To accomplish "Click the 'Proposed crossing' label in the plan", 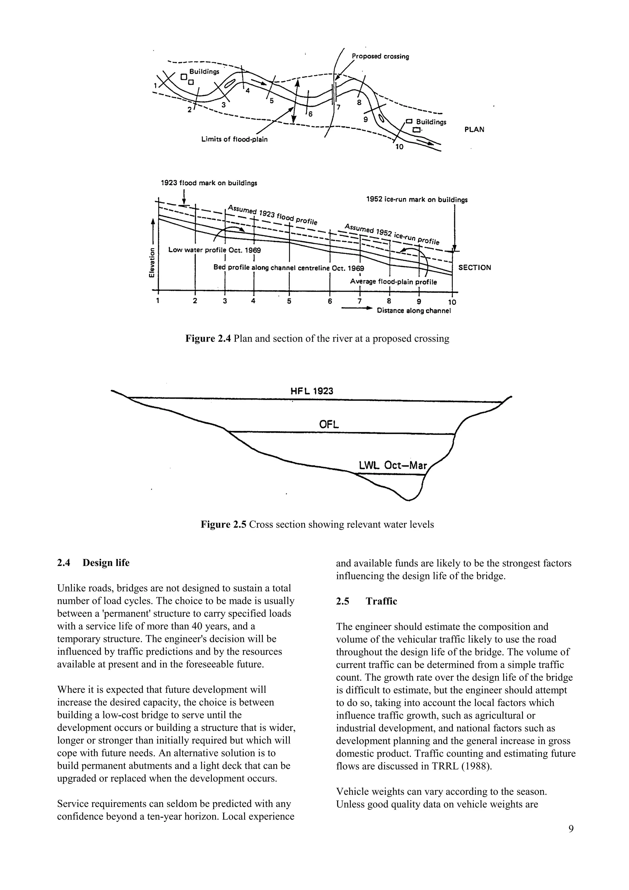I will click(x=380, y=57).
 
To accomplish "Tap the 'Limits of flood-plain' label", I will click(x=234, y=139).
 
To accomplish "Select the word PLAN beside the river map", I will click(x=474, y=130).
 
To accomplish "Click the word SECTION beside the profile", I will click(x=475, y=267).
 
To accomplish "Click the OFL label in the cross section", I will click(x=329, y=424).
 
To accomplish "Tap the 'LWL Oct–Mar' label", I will click(x=393, y=466).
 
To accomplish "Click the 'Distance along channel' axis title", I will click(x=413, y=311).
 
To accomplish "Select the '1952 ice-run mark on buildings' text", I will click(x=417, y=200).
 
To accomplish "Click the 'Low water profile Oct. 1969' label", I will click(x=214, y=250).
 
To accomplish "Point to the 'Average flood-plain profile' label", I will click(x=393, y=282).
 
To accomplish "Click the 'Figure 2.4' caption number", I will click(x=208, y=338).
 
